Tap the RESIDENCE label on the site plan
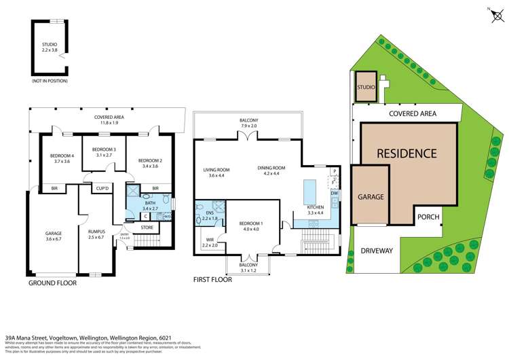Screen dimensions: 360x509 click(x=407, y=154)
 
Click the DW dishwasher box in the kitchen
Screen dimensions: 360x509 click(x=334, y=194)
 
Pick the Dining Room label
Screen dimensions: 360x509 click(x=271, y=170)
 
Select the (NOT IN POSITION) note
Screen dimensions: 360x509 click(x=50, y=81)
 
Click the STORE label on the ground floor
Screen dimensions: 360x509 click(x=147, y=228)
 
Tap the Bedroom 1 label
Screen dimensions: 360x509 click(x=250, y=226)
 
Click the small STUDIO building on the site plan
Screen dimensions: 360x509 click(x=367, y=87)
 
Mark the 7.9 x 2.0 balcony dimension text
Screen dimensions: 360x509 click(x=248, y=126)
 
